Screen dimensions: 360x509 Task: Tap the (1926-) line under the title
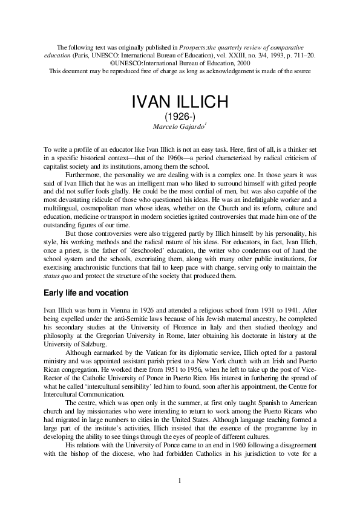point(180,115)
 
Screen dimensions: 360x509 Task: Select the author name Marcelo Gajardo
point(178,125)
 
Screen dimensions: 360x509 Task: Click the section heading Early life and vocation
point(90,293)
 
